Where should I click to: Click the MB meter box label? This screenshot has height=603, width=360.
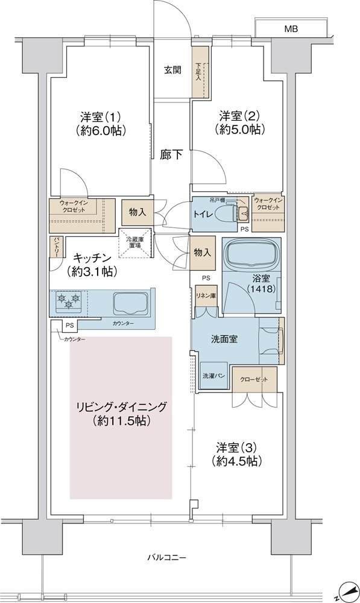291,29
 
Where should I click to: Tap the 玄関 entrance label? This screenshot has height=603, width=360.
172,71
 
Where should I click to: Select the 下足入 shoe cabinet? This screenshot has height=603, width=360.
200,72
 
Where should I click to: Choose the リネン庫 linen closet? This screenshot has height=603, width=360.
207,296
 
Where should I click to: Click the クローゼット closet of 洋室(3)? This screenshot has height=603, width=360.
254,379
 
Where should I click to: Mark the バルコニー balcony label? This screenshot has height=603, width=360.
166,557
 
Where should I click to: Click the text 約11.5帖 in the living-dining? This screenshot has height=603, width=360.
121,421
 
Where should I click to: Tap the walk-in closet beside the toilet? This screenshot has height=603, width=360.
268,213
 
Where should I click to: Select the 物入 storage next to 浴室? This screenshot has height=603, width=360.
202,253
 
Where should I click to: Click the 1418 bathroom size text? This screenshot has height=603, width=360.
261,289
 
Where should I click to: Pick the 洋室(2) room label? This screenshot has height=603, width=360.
240,115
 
